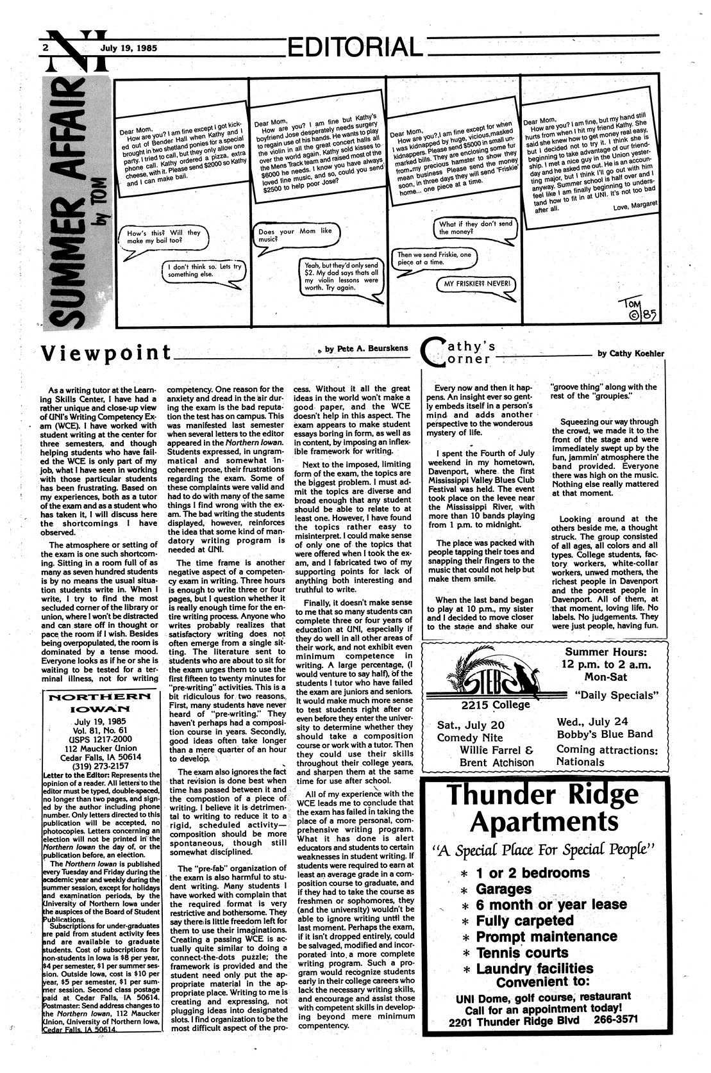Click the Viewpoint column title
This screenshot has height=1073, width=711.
(x=106, y=353)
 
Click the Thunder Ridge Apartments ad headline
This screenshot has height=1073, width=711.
(x=544, y=808)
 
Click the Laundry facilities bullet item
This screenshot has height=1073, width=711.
(x=534, y=969)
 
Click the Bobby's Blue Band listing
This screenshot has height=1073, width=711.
(x=605, y=734)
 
